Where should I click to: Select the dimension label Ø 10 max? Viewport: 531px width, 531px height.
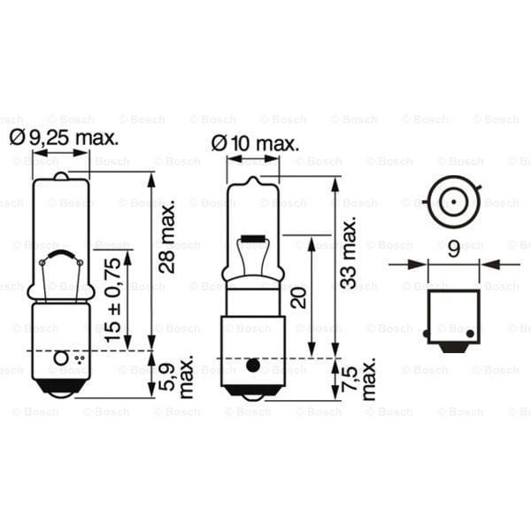[255, 142]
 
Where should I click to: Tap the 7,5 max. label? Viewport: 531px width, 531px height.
[358, 380]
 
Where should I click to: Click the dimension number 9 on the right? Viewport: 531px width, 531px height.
[453, 250]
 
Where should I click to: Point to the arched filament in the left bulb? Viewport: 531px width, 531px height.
[60, 258]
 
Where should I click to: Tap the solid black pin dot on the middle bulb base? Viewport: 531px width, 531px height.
[252, 365]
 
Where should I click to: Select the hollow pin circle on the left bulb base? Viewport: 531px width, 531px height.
[60, 358]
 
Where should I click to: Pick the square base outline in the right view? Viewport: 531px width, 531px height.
[453, 314]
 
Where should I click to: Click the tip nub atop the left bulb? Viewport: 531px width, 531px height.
[60, 175]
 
